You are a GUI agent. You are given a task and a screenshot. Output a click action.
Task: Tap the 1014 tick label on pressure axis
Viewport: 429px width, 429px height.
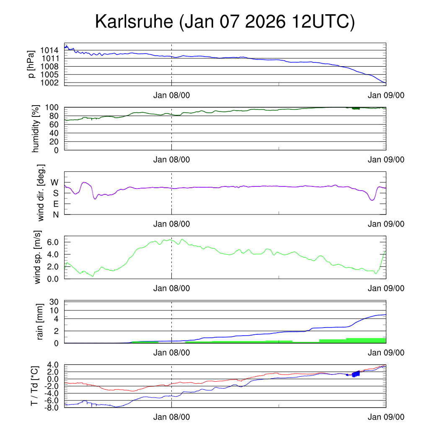(x=49, y=50)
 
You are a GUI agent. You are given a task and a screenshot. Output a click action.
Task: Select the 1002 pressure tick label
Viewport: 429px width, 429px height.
(x=49, y=83)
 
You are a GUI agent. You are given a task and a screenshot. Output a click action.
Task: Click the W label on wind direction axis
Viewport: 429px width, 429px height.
(x=54, y=182)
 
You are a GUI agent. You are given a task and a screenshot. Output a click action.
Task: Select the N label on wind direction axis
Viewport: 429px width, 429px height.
(x=55, y=214)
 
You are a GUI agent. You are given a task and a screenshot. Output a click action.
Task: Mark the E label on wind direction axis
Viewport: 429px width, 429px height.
(x=55, y=204)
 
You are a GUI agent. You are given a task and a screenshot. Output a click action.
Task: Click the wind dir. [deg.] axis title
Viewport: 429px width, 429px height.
(x=41, y=193)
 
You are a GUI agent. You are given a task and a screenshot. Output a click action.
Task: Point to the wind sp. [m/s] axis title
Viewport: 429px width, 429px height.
(x=38, y=257)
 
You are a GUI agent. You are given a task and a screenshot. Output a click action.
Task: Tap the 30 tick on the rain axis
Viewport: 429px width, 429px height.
(x=54, y=302)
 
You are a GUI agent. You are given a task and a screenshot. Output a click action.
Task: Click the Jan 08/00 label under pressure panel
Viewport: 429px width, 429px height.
(x=171, y=95)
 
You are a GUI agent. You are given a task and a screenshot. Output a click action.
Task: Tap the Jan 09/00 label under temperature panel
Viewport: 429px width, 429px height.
(x=386, y=417)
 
